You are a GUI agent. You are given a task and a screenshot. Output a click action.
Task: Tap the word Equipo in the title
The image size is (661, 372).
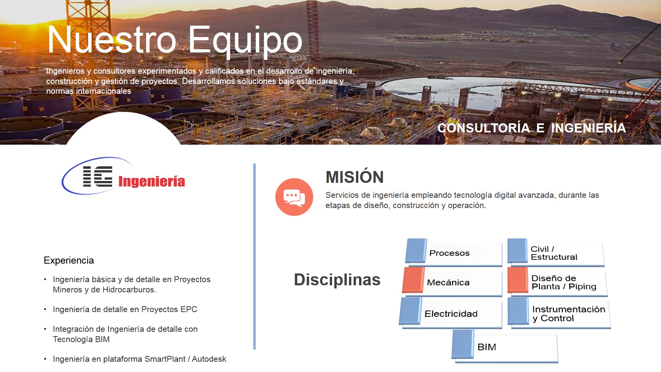click(245, 41)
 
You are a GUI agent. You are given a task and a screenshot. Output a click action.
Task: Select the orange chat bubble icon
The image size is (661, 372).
click(294, 197)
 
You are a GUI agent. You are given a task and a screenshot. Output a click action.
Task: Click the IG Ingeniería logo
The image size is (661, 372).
click(123, 176)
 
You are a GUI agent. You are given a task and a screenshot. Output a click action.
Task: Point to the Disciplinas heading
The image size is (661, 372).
click(337, 279)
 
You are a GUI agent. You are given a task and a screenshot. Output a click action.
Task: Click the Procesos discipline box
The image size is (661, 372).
click(454, 253)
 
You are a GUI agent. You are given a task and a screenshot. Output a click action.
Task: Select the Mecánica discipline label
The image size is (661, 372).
click(448, 283)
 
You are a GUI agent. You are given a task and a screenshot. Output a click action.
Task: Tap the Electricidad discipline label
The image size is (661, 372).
click(451, 314)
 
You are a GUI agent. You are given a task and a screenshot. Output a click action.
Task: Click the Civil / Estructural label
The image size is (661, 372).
click(554, 253)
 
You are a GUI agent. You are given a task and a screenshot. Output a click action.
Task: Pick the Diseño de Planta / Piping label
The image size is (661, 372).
click(564, 282)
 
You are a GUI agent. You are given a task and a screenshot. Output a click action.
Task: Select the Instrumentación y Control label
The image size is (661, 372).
click(569, 314)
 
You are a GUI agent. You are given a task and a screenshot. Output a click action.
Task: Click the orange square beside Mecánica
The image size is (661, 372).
click(413, 280)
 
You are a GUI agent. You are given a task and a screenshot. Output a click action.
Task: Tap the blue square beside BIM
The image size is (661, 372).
click(463, 344)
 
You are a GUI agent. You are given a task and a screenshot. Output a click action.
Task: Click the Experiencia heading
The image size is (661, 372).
click(69, 260)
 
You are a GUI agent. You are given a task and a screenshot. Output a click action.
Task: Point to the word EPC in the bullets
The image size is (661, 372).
click(189, 309)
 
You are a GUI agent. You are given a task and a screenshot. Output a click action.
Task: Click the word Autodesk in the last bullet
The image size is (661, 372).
click(209, 359)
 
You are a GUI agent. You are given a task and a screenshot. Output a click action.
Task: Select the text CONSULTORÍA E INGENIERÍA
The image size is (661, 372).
click(531, 128)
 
